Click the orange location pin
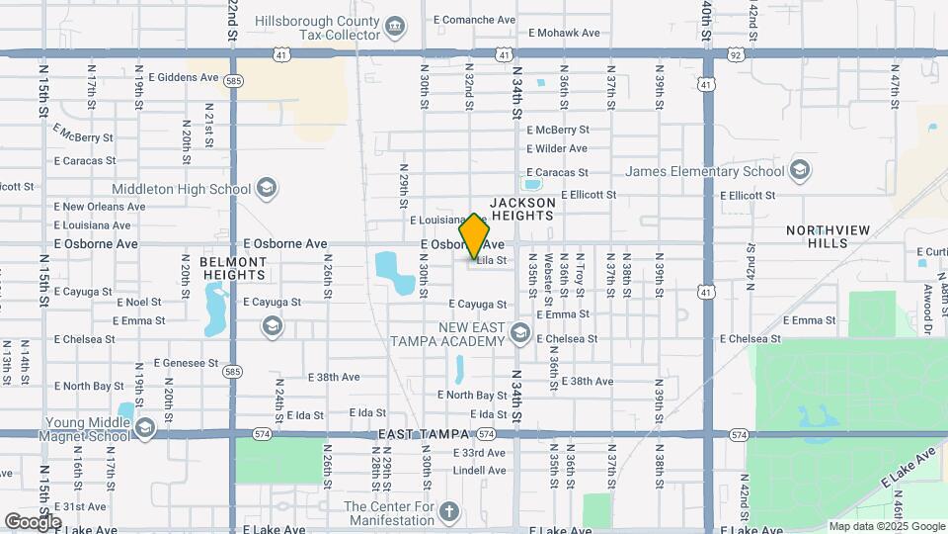point(475,236)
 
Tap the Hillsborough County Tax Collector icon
point(395,25)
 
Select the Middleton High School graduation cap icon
point(266,188)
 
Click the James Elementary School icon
point(799,171)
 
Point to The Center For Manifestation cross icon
point(449,511)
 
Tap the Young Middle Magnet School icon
point(145,427)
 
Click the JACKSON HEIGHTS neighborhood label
point(521,209)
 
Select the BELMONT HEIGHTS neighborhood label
point(233,268)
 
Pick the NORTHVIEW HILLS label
point(829,236)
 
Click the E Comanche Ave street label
point(473,19)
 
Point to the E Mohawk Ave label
point(564,33)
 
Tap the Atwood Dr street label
point(927,302)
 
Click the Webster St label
point(546,281)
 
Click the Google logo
point(33,521)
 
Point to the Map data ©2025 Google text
point(887,526)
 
